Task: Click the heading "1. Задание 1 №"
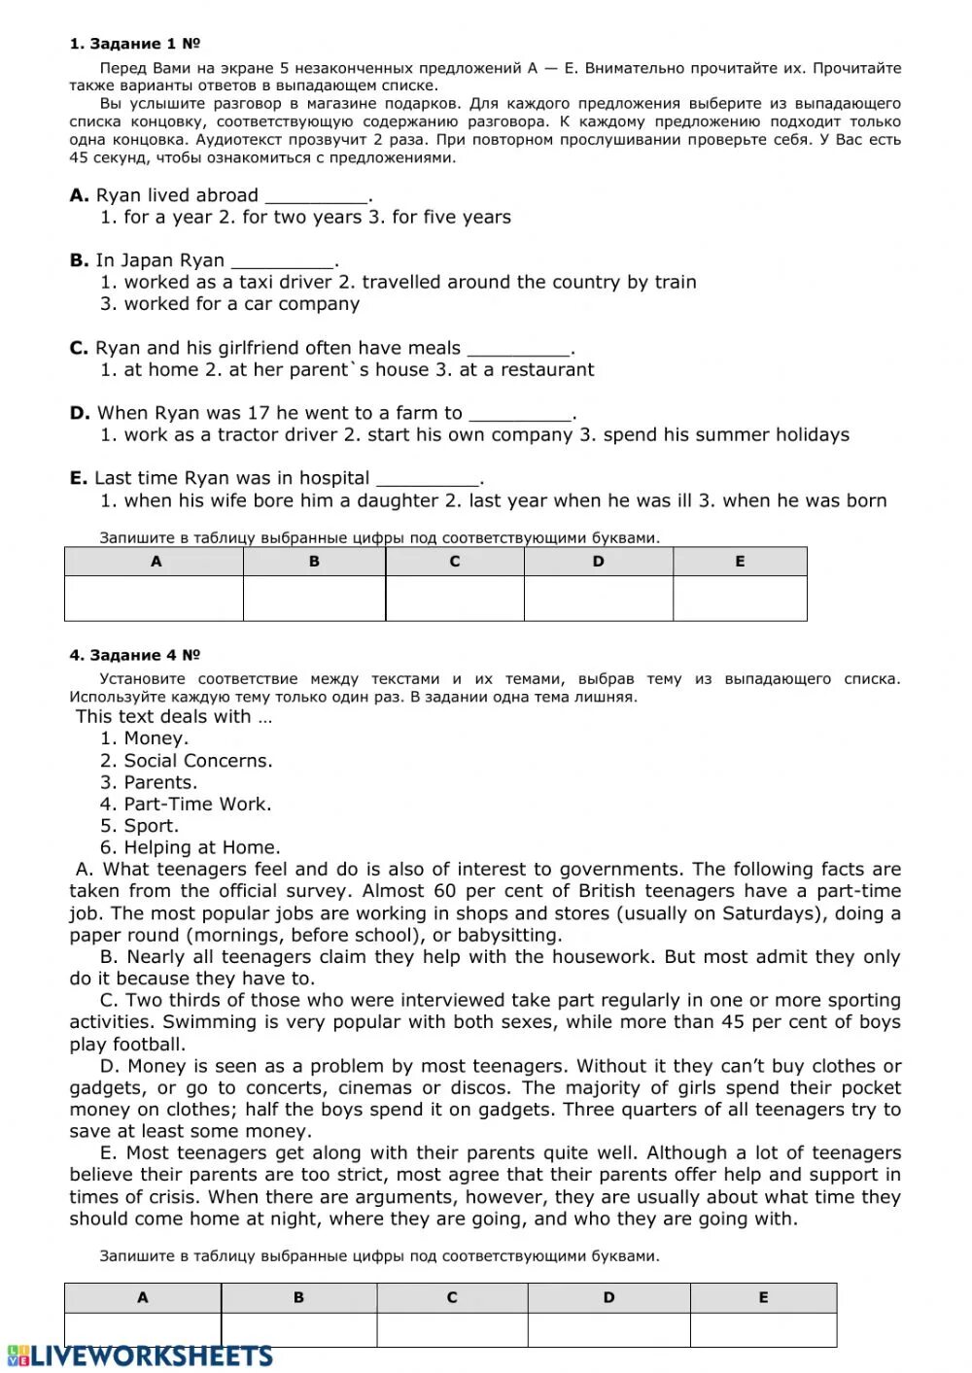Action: point(134,44)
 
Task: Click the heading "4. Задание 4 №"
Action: point(134,655)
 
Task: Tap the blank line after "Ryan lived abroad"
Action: point(316,197)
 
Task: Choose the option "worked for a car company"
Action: point(241,304)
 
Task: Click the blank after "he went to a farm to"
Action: point(520,415)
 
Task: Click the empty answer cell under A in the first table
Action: point(154,598)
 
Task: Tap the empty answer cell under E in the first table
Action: point(740,598)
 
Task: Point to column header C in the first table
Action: point(454,562)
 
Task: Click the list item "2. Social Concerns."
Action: point(187,761)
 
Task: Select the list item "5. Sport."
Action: point(140,826)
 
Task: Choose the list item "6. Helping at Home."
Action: point(191,847)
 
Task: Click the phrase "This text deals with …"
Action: point(174,717)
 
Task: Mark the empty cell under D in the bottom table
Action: point(608,1329)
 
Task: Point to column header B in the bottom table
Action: point(298,1297)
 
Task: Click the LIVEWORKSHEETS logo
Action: point(141,1356)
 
